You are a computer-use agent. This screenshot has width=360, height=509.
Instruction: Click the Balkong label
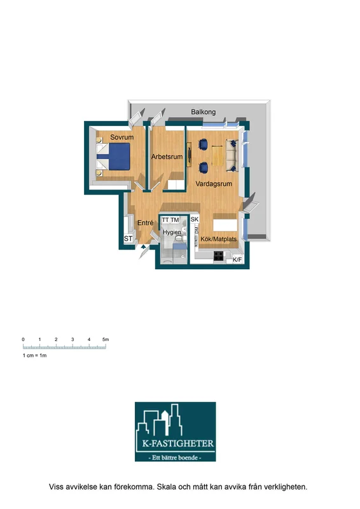(203, 112)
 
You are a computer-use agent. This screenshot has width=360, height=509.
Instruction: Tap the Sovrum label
(121, 137)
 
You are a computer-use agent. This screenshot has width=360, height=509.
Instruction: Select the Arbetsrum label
(167, 157)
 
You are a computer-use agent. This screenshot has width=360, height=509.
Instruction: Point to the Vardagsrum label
(214, 184)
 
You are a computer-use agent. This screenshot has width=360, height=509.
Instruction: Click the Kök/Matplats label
(218, 239)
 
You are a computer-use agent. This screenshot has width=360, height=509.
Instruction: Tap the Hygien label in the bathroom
(172, 232)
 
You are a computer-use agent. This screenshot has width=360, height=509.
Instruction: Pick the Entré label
(145, 223)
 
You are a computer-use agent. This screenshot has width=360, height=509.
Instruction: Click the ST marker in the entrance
(128, 239)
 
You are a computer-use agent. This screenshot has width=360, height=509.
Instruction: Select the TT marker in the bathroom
(165, 220)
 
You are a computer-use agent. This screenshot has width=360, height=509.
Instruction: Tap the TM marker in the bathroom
(175, 220)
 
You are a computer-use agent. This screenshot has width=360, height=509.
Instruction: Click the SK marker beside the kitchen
(195, 220)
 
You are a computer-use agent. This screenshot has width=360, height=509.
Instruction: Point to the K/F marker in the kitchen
(237, 260)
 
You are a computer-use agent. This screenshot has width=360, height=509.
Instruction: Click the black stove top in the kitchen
(218, 256)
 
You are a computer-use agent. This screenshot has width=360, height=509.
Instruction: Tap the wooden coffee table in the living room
(217, 156)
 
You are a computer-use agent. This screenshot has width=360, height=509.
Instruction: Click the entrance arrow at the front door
(144, 246)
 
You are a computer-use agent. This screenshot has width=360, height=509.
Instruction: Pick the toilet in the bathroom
(179, 239)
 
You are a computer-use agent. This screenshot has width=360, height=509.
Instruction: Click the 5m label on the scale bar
(106, 340)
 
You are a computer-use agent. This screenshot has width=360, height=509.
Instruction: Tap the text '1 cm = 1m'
(34, 356)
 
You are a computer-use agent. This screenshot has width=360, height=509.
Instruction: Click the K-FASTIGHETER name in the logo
(178, 443)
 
